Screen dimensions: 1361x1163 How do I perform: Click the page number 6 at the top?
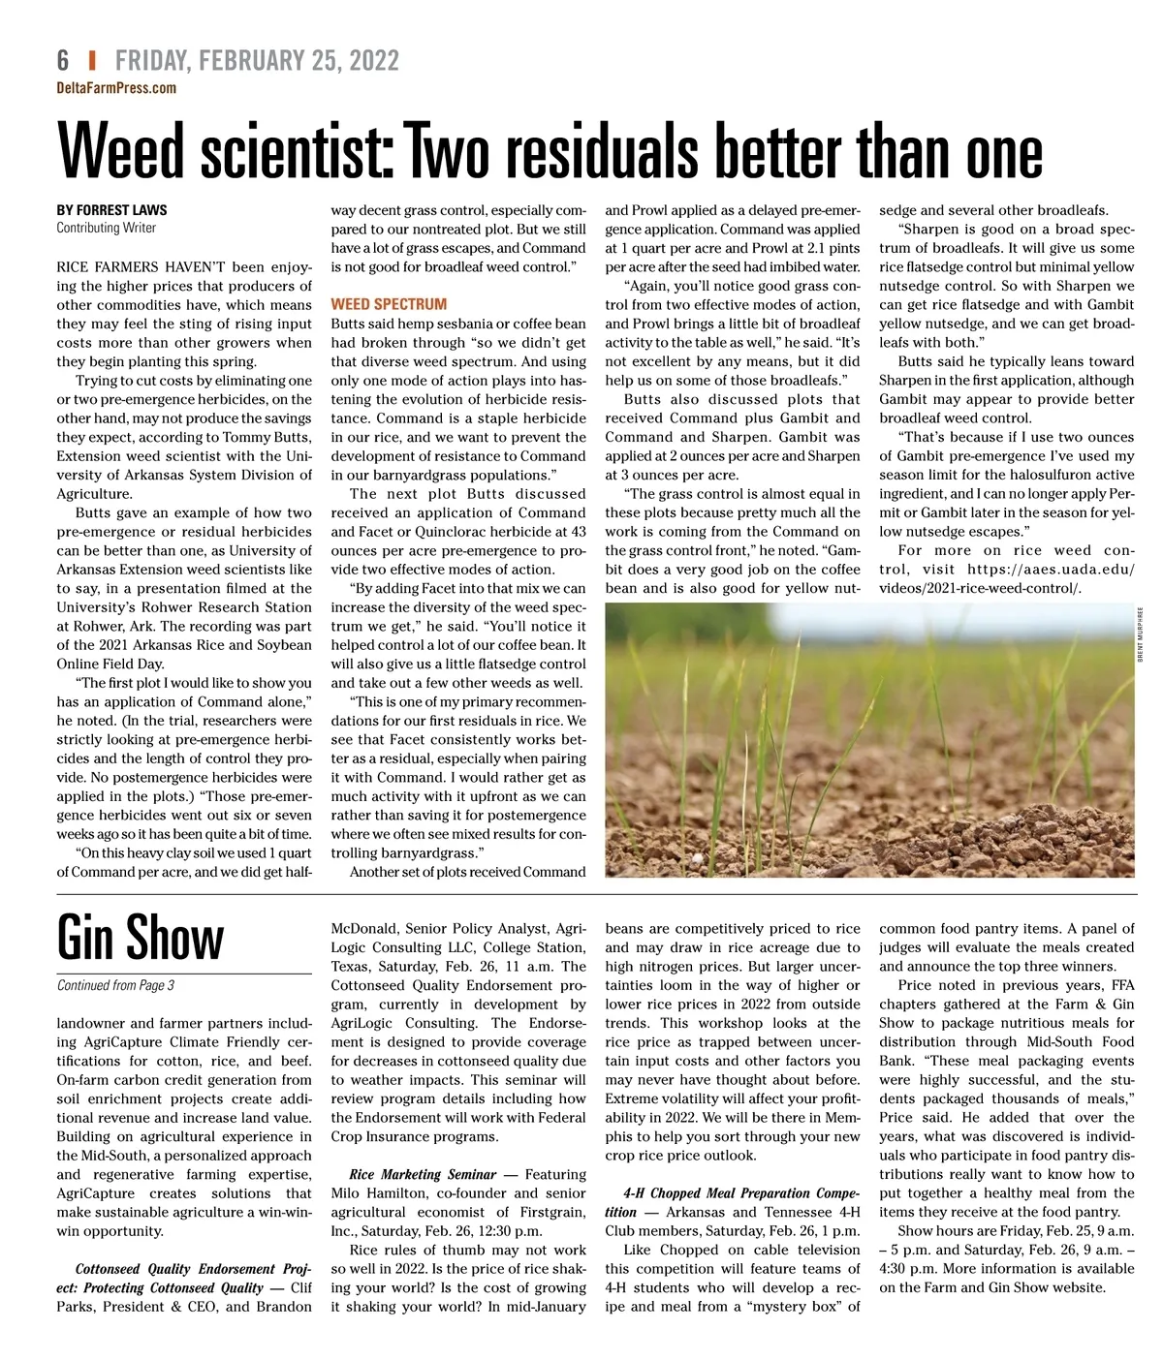click(63, 61)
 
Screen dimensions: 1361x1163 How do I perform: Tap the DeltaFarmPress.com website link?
click(116, 88)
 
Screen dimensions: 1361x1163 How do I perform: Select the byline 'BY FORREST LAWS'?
click(111, 210)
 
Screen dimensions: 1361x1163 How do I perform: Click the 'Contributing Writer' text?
click(106, 229)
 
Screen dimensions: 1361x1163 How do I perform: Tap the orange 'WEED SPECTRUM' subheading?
click(389, 304)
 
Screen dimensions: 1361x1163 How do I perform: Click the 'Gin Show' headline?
click(141, 938)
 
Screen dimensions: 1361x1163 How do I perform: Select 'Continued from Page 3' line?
click(115, 986)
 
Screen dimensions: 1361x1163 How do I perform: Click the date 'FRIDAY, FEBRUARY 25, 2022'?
click(257, 61)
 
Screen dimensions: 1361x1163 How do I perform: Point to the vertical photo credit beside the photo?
click(1141, 634)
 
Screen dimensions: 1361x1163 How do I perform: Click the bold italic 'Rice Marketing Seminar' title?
click(423, 1174)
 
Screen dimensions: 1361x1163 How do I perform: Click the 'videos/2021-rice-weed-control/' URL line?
click(980, 588)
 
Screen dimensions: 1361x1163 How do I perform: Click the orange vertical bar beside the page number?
click(92, 61)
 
